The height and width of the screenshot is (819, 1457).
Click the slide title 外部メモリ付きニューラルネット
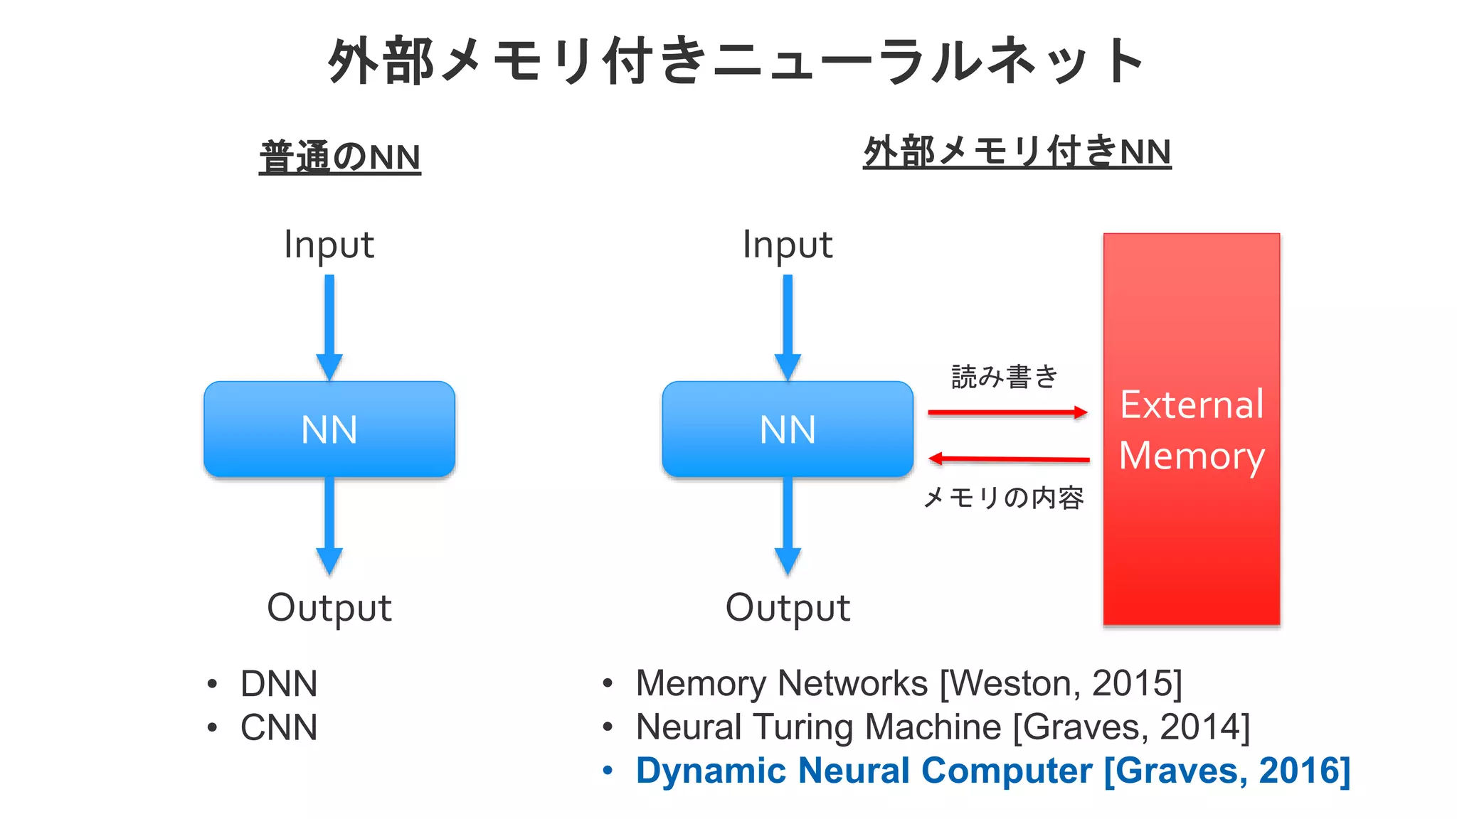[736, 61]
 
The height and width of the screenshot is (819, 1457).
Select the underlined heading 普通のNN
[340, 157]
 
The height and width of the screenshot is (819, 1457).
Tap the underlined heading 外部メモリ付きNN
[1017, 152]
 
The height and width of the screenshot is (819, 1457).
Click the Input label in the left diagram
[329, 245]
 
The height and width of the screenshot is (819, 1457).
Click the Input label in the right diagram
[787, 245]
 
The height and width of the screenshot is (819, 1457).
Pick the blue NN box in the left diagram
[329, 429]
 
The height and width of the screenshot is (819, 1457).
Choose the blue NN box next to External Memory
[787, 429]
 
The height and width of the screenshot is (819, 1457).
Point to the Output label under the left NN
[329, 608]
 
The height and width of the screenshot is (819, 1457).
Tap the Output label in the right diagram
[787, 608]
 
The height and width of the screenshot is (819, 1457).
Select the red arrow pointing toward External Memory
[1007, 412]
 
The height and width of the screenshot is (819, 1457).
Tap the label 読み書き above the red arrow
[1005, 377]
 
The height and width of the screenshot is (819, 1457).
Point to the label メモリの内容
[1003, 498]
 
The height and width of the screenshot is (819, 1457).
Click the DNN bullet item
[279, 684]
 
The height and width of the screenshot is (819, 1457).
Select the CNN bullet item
[279, 728]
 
